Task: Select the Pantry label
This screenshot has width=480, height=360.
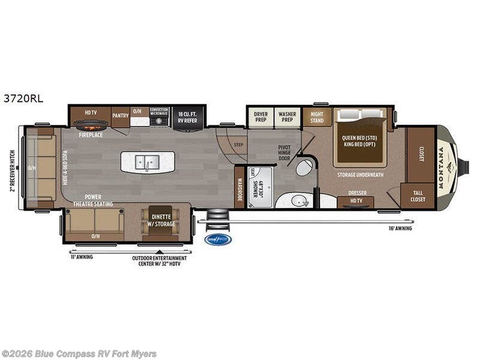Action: [121, 116]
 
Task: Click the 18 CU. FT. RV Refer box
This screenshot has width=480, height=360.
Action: [187, 116]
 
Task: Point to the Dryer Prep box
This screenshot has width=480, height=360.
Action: [260, 116]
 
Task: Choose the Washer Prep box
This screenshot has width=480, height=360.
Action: [287, 116]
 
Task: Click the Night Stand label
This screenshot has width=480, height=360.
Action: [316, 116]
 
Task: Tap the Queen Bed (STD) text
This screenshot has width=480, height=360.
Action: [360, 137]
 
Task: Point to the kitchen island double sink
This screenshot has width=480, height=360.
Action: [148, 162]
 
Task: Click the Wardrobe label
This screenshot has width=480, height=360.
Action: [239, 187]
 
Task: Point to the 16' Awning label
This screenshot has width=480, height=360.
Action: [400, 228]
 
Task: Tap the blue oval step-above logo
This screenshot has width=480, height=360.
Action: [218, 239]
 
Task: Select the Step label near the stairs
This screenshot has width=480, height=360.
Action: [238, 145]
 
